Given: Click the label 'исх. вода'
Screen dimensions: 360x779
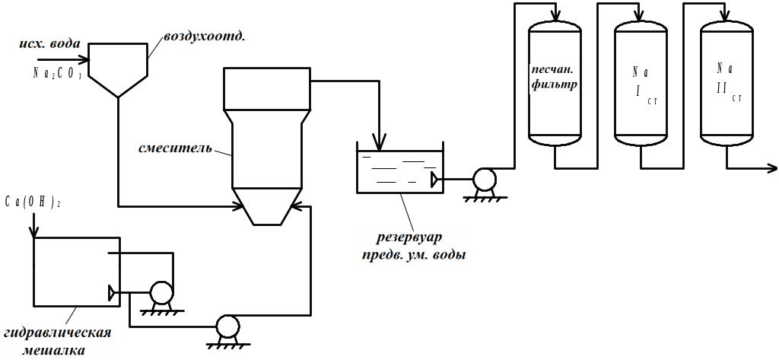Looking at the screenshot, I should pos(49,43).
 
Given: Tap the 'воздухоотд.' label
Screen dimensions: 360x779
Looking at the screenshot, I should pos(196,36).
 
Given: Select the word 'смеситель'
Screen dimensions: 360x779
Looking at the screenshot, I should pos(175,147).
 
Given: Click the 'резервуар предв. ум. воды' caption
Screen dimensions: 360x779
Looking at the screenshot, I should pos(413,247).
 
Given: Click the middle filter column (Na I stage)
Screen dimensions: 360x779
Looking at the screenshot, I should pos(641,84).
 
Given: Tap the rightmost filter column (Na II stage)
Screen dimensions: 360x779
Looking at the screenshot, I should pos(727,84).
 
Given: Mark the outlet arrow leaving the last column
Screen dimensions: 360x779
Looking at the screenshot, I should pos(770,167).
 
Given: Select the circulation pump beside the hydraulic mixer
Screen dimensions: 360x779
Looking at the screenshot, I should pos(161,292).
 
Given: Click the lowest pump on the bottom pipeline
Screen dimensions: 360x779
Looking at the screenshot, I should pos(226,327).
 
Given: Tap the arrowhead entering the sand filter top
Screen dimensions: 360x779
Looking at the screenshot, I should pos(555,18).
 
